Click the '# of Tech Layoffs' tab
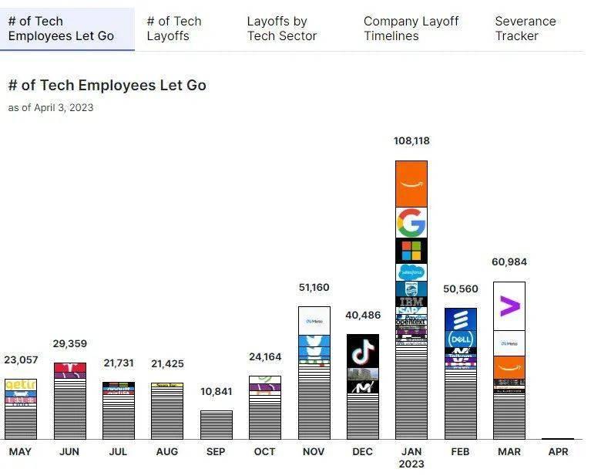173,29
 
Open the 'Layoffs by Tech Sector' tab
281,29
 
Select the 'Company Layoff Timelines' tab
411,29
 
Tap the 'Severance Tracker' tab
526,29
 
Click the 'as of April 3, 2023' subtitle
51,107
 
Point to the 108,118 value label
411,141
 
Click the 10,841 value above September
216,392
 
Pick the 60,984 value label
509,262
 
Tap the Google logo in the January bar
411,222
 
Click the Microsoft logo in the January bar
411,251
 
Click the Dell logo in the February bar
460,339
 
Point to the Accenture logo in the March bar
509,306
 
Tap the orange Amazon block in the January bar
411,184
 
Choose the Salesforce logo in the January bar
411,272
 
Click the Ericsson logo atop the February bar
460,319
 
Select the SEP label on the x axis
216,451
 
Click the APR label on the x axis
558,451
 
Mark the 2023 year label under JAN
411,464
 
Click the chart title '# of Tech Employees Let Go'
107,86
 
